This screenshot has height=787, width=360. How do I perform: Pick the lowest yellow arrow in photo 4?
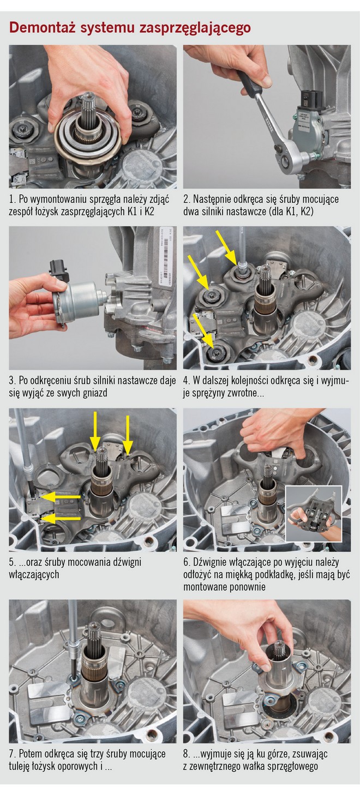(x=204, y=333)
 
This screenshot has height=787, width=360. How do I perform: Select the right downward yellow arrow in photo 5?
(x=128, y=435)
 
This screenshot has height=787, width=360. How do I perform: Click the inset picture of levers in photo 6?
(x=314, y=514)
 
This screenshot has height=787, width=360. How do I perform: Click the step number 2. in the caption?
(x=187, y=200)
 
